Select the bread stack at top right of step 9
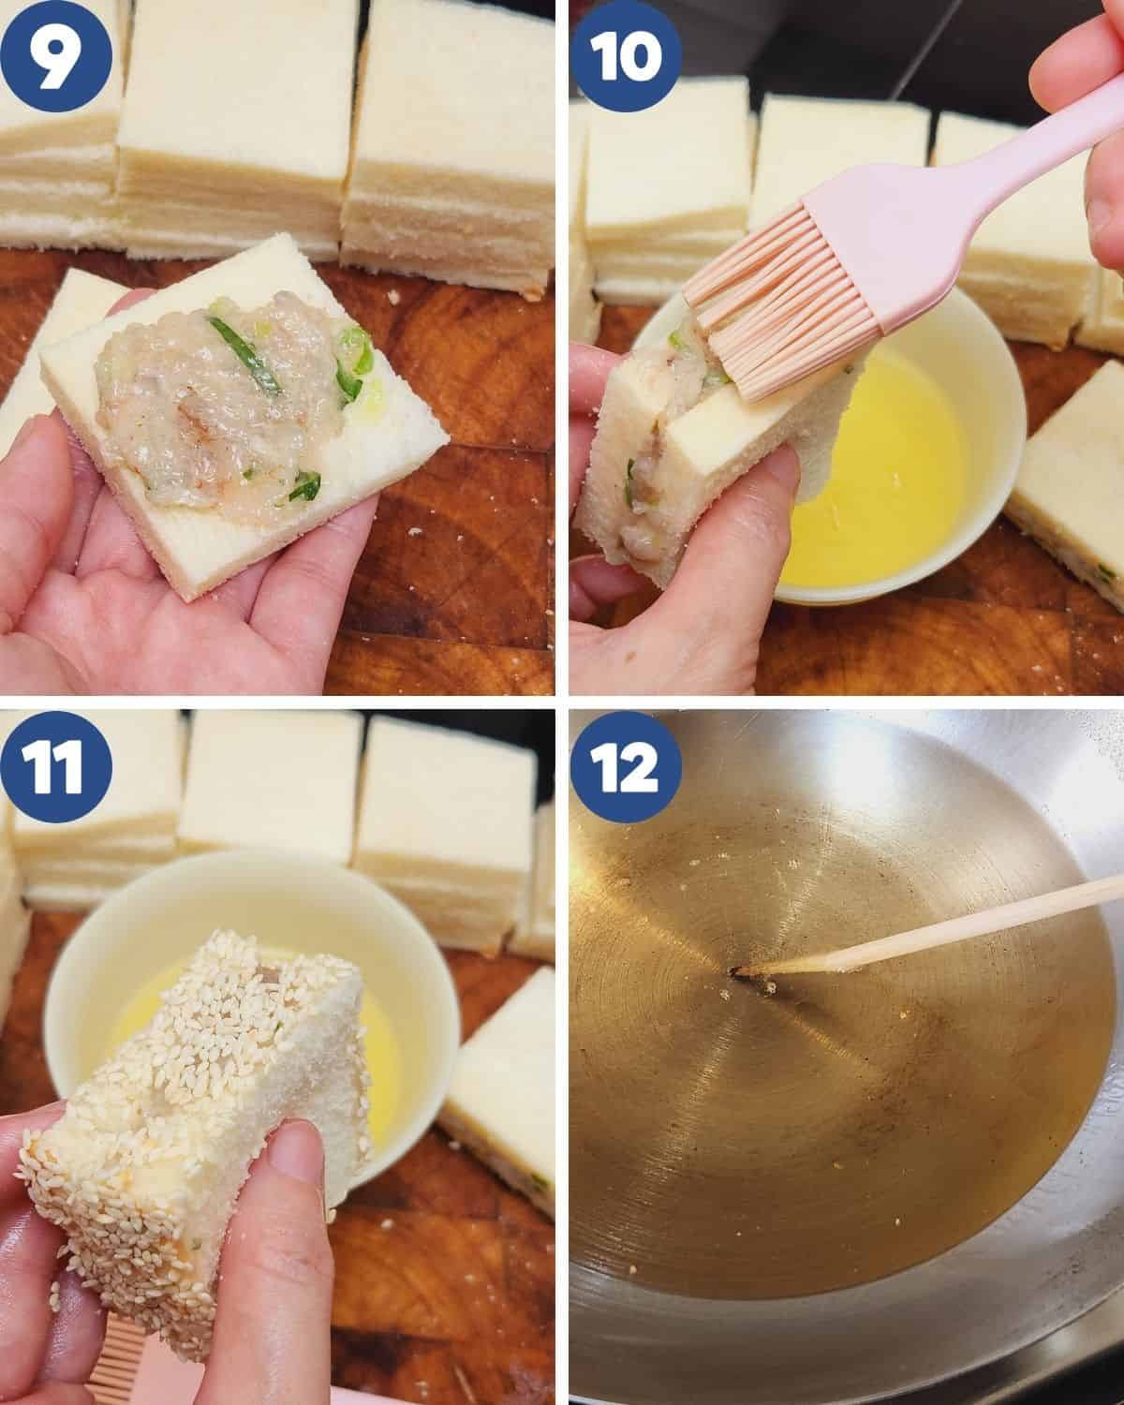(x=450, y=140)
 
